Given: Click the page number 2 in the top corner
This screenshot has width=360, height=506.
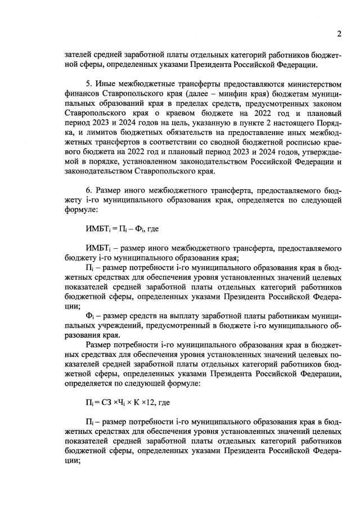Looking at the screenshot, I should (x=339, y=34).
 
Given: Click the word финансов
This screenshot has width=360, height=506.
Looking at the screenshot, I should (x=78, y=93).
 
